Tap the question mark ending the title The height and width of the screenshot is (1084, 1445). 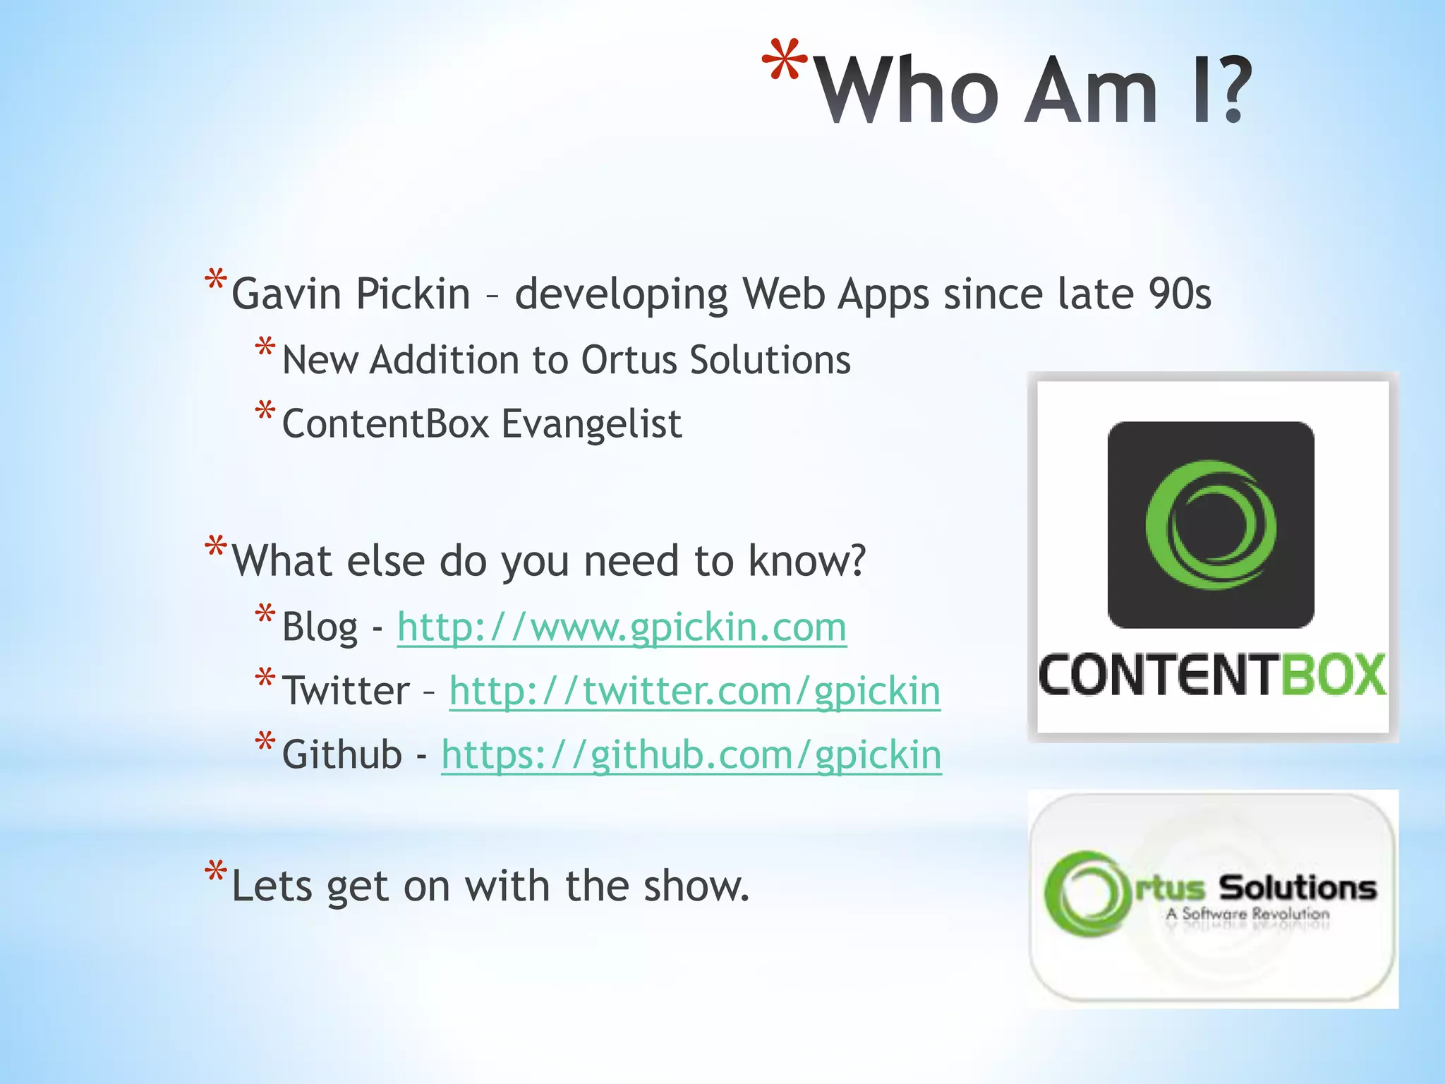click(x=1231, y=90)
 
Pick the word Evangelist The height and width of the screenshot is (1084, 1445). click(x=591, y=424)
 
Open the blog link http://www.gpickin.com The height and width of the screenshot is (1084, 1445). click(x=621, y=627)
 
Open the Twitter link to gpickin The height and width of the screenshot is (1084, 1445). click(x=694, y=691)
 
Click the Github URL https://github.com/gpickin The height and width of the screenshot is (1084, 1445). click(x=691, y=755)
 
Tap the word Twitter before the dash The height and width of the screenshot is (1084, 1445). click(x=346, y=691)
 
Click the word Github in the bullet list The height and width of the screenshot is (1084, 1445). click(x=341, y=755)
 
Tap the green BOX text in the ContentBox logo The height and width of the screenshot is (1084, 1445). click(x=1332, y=675)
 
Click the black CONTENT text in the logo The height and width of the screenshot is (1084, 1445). click(x=1157, y=675)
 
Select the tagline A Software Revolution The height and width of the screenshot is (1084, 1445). click(x=1247, y=914)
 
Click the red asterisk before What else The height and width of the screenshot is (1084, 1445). click(x=215, y=547)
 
